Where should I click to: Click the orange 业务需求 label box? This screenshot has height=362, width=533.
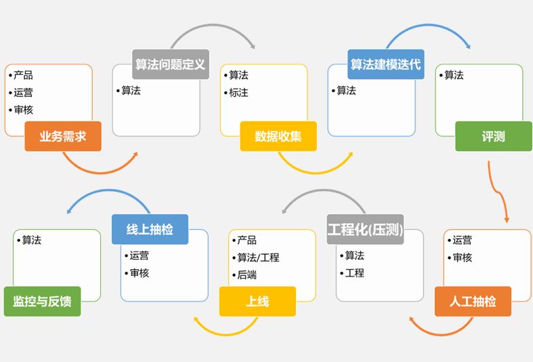click(63, 136)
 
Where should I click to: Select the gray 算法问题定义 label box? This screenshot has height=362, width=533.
click(170, 64)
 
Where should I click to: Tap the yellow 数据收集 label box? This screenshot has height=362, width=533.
click(278, 136)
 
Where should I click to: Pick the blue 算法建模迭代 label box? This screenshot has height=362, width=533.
click(385, 64)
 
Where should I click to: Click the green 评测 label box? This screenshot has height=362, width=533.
click(493, 136)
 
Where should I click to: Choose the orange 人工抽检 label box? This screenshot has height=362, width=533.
click(473, 301)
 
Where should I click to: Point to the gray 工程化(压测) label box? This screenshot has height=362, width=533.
click(365, 229)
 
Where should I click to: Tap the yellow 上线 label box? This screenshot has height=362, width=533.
click(257, 301)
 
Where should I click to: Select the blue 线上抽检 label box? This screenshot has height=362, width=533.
click(150, 229)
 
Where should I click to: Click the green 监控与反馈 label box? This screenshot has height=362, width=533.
click(42, 301)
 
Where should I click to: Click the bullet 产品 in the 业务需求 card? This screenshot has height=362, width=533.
click(23, 75)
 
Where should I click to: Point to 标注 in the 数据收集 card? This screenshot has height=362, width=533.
click(238, 93)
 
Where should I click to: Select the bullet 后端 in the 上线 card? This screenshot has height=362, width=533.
click(247, 275)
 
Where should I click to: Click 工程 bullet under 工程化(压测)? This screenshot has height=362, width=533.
click(354, 273)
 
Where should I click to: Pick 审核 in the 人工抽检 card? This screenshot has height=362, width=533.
click(462, 258)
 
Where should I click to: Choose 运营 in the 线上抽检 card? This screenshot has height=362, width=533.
click(139, 256)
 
